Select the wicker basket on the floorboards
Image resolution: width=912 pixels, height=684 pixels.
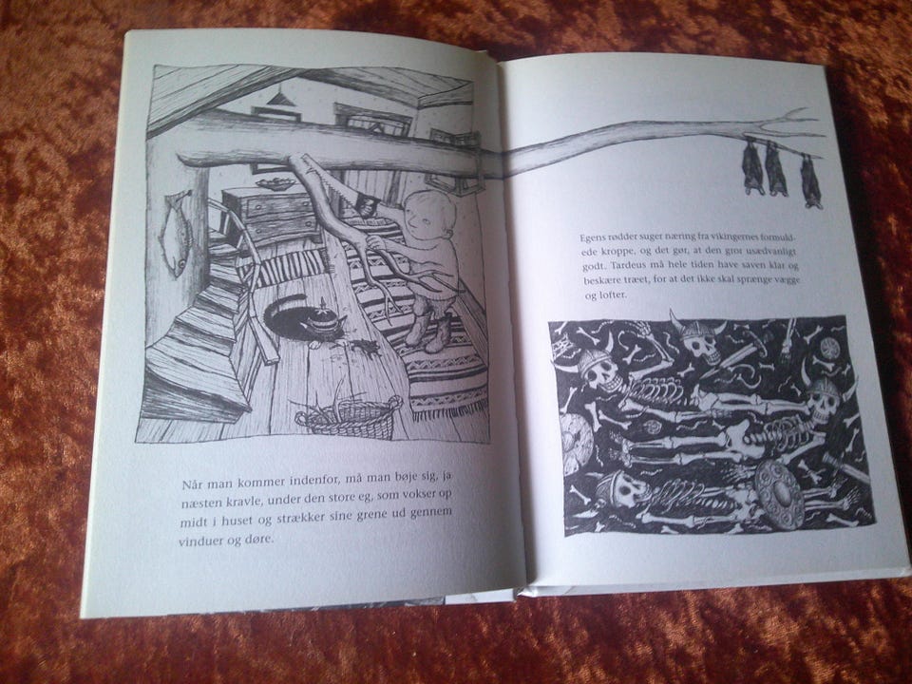pos(349,415)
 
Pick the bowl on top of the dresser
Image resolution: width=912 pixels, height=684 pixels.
pos(276,183)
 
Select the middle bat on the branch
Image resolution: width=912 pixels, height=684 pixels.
pos(776,169)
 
